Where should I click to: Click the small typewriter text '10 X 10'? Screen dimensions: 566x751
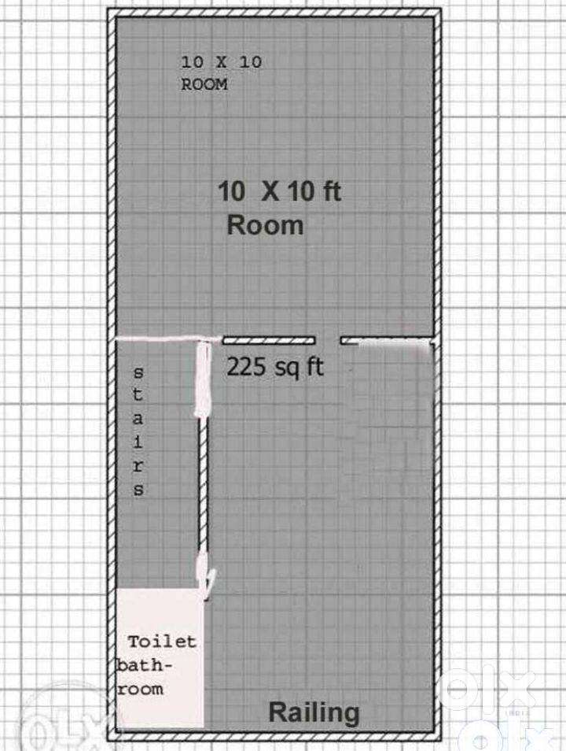pyautogui.click(x=221, y=61)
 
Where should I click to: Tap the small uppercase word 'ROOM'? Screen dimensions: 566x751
pyautogui.click(x=204, y=84)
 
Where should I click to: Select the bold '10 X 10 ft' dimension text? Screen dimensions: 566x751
pyautogui.click(x=279, y=191)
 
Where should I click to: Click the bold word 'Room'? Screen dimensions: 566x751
pyautogui.click(x=265, y=225)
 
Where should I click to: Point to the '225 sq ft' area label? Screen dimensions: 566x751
pyautogui.click(x=275, y=368)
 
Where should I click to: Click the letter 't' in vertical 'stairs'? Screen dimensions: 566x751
pyautogui.click(x=138, y=394)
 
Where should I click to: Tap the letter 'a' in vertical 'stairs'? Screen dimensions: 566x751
pyautogui.click(x=138, y=419)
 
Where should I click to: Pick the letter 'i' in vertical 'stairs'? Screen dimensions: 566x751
pyautogui.click(x=138, y=442)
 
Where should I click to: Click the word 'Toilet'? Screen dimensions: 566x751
pyautogui.click(x=162, y=642)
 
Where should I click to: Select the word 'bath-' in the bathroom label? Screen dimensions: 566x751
pyautogui.click(x=144, y=665)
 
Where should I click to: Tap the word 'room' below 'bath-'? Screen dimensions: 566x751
pyautogui.click(x=140, y=690)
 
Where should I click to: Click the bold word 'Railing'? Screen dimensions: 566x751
pyautogui.click(x=314, y=713)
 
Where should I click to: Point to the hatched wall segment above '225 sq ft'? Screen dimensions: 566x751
pyautogui.click(x=268, y=341)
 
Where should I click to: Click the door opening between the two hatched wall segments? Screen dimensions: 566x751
pyautogui.click(x=328, y=341)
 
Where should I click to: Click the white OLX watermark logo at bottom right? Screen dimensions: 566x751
pyautogui.click(x=487, y=690)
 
